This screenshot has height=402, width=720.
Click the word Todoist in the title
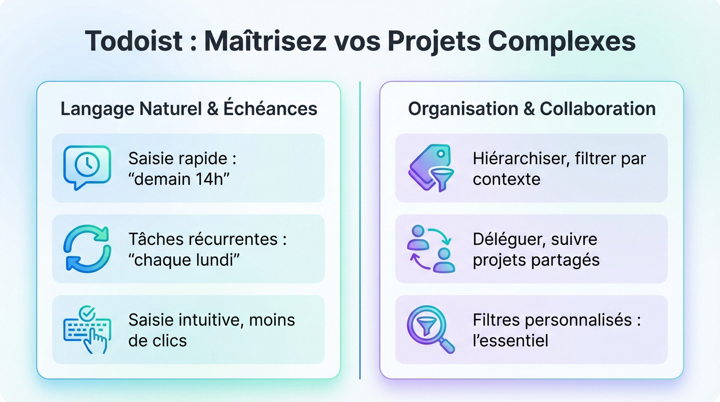pos(133,41)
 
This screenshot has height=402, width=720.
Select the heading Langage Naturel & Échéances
pos(189,108)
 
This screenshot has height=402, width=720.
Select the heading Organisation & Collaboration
pos(532,108)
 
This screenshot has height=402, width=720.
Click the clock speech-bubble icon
pos(87,167)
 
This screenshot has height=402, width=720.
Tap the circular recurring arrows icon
pos(87,249)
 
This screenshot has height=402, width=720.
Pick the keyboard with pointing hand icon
pos(87,329)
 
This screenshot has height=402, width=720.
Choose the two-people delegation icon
pos(430,249)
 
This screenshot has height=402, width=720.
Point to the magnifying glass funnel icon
pos(430,329)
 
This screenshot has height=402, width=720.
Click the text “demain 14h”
pos(179,179)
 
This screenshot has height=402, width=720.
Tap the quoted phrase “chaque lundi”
pos(184,260)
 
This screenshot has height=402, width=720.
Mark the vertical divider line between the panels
pos(360,230)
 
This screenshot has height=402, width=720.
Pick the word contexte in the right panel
pos(507,179)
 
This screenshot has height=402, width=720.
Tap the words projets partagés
pos(536,260)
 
